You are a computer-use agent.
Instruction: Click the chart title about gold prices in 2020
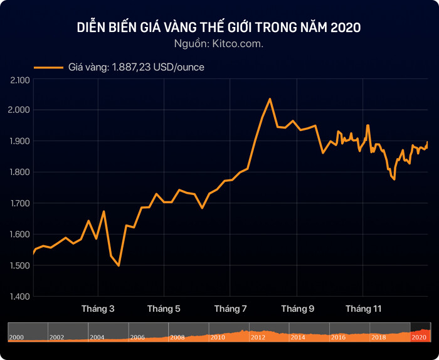pyautogui.click(x=219, y=28)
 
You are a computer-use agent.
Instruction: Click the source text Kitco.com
pyautogui.click(x=219, y=43)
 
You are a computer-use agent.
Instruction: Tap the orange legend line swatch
pyautogui.click(x=48, y=66)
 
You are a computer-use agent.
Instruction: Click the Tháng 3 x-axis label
pyautogui.click(x=98, y=309)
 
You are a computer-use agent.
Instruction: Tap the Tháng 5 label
pyautogui.click(x=164, y=309)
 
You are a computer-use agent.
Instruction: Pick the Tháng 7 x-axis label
pyautogui.click(x=230, y=309)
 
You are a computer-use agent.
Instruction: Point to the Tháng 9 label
pyautogui.click(x=297, y=309)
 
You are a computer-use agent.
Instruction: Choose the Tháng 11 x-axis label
pyautogui.click(x=364, y=309)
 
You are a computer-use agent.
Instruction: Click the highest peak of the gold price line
pyautogui.click(x=270, y=99)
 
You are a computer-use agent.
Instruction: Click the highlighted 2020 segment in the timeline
pyautogui.click(x=420, y=332)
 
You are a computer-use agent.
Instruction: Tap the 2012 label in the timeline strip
pyautogui.click(x=258, y=337)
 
